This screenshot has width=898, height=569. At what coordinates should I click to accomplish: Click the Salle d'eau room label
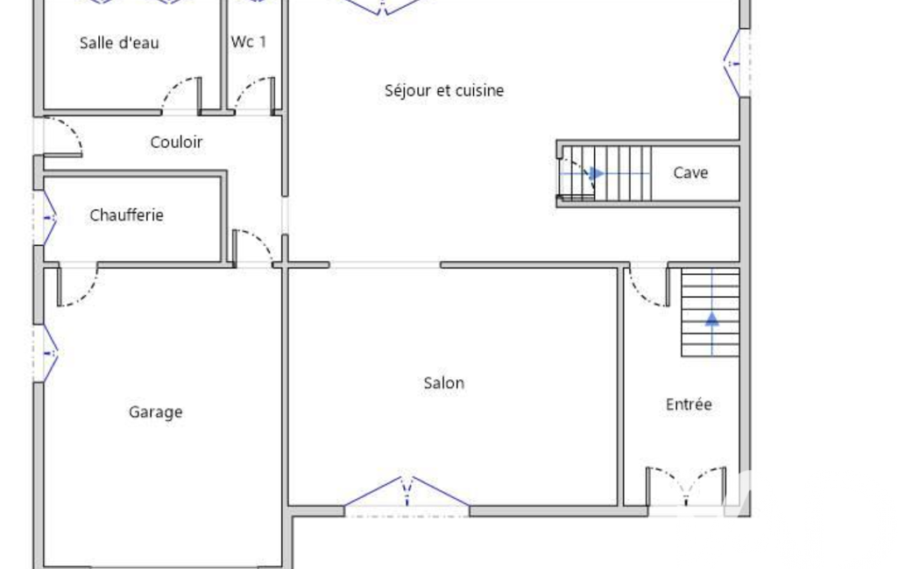click(119, 42)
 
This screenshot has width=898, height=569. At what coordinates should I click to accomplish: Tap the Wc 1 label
click(249, 42)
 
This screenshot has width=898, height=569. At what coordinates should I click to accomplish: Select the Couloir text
click(176, 142)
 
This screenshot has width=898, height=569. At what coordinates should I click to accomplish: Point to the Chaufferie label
click(126, 215)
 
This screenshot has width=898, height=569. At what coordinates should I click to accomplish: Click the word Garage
click(156, 412)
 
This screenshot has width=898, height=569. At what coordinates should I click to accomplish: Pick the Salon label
click(444, 383)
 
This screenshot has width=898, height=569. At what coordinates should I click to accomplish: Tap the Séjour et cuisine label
click(444, 90)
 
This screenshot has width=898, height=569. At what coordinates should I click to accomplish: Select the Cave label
click(690, 172)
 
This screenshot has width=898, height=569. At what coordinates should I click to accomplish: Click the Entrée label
click(689, 404)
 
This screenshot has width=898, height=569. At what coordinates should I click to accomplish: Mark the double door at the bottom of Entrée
click(686, 487)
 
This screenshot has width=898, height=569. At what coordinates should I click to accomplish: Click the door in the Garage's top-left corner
click(77, 286)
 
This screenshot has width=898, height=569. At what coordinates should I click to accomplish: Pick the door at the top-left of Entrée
click(649, 286)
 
